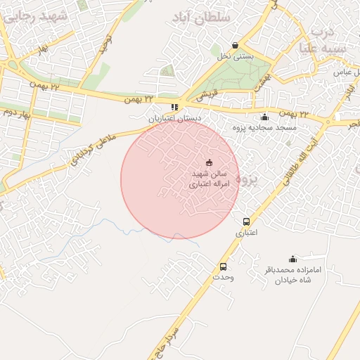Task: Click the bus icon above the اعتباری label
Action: [x=245, y=221]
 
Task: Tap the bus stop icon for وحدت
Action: [x=223, y=266]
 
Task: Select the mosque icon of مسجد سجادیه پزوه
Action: [x=264, y=117]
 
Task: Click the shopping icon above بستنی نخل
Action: [x=235, y=45]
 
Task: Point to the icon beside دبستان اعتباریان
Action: [x=174, y=108]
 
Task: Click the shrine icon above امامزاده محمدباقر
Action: [x=292, y=259]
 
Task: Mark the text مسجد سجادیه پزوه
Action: [x=268, y=128]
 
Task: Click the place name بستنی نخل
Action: [x=235, y=56]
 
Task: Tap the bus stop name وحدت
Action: [x=223, y=277]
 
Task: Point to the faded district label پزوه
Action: [x=247, y=179]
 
